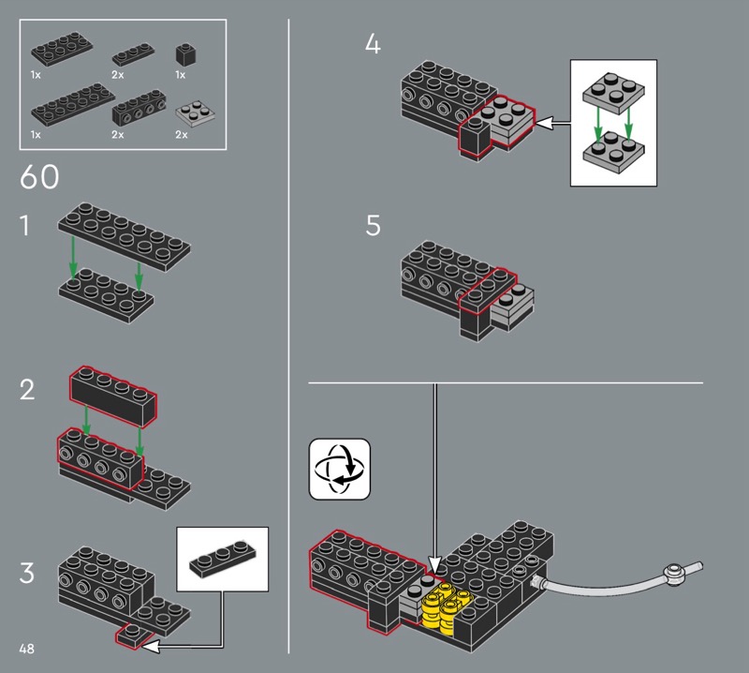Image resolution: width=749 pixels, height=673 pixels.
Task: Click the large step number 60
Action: click(x=39, y=176)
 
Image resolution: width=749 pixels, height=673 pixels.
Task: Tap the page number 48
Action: click(x=27, y=649)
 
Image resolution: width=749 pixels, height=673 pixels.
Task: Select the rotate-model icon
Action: click(x=340, y=470)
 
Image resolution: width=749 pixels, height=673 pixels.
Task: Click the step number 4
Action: click(x=373, y=44)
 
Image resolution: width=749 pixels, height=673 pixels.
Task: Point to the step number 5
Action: click(x=373, y=225)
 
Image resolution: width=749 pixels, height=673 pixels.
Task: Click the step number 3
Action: click(x=27, y=573)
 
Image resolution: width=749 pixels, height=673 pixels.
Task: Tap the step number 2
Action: click(x=27, y=390)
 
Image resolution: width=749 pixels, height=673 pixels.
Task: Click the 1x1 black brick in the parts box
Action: click(x=185, y=55)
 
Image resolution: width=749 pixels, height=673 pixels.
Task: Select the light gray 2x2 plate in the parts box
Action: click(x=195, y=113)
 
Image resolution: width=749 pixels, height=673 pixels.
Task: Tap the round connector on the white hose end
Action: click(x=674, y=574)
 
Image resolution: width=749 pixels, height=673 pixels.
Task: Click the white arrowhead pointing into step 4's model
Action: click(x=543, y=124)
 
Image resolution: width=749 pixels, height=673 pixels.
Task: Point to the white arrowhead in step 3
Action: click(x=150, y=647)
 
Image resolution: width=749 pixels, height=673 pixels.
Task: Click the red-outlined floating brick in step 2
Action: click(x=113, y=397)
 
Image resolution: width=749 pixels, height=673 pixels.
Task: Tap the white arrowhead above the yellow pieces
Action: click(x=434, y=564)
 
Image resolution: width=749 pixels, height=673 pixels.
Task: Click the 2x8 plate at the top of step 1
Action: click(x=125, y=237)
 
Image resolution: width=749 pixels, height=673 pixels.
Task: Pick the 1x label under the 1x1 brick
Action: click(x=180, y=75)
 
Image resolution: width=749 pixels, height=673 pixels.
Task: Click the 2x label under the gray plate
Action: click(x=182, y=134)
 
